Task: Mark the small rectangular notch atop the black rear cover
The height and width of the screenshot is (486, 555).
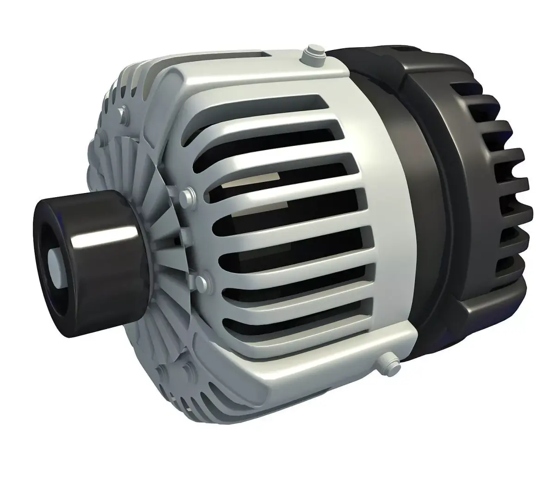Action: coord(401,48)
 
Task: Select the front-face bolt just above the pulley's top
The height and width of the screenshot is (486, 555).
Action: coord(189,194)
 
